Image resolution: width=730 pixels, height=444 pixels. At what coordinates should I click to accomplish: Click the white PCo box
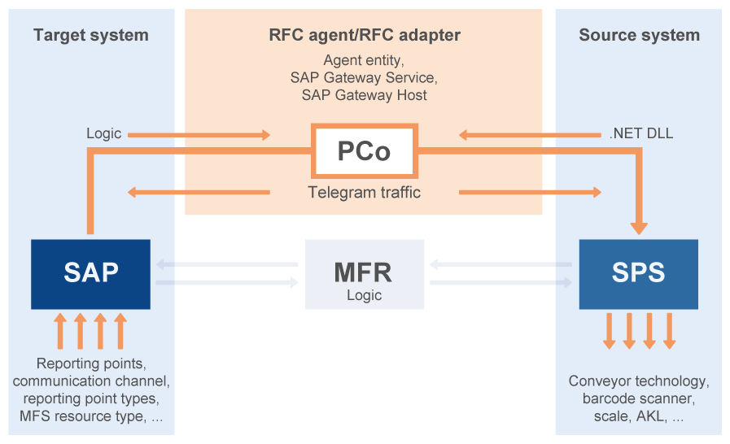coord(364,151)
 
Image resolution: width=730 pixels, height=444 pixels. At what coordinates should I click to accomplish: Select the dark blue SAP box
coord(90,273)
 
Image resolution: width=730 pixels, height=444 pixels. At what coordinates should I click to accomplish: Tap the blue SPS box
coord(638,273)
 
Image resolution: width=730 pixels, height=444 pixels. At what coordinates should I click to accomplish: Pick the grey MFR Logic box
coord(364,274)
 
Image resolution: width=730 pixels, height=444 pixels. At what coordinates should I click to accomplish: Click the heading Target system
coord(91,35)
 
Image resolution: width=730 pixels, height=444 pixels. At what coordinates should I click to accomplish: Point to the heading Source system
coord(639,35)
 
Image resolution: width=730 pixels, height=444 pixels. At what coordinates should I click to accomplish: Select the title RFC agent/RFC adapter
coord(364,35)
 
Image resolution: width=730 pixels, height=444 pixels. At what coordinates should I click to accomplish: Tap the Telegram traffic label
coord(364,193)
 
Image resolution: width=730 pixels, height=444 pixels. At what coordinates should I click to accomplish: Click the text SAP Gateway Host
coord(364,95)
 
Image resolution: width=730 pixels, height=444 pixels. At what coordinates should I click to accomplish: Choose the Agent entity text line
coord(364,61)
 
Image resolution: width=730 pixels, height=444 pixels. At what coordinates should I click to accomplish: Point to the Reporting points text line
coord(91,363)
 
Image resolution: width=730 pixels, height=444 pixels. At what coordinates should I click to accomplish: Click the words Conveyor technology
coord(639,381)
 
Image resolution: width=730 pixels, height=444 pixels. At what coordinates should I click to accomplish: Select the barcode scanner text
coord(639,398)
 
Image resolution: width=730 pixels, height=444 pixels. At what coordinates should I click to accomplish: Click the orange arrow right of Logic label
coord(199,134)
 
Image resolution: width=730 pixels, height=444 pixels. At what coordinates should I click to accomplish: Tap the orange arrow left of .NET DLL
coord(529,134)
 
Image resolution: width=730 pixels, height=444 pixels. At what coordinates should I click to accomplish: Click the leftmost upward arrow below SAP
coord(60,331)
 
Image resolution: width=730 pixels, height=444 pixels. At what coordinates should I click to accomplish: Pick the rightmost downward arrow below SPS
coord(670,331)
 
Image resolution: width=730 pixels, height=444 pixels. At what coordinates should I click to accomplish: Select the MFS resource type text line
coord(91,416)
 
